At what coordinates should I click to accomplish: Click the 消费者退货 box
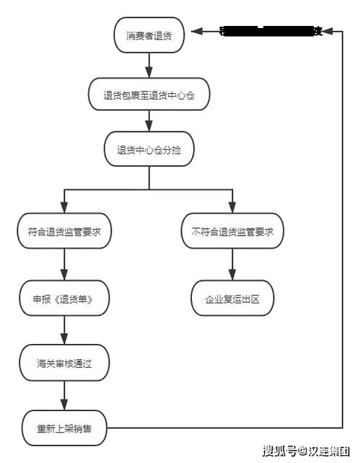149,33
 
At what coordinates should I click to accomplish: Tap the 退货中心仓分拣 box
149,150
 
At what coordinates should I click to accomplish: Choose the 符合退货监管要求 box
65,232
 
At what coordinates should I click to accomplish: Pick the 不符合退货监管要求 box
232,232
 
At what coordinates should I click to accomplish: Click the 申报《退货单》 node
65,298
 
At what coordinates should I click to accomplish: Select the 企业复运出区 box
232,298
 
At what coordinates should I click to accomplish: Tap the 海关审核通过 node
65,362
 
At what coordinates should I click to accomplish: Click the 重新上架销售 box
65,427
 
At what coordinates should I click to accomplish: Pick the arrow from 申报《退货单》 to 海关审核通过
65,330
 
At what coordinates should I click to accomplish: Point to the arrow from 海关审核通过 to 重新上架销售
65,394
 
